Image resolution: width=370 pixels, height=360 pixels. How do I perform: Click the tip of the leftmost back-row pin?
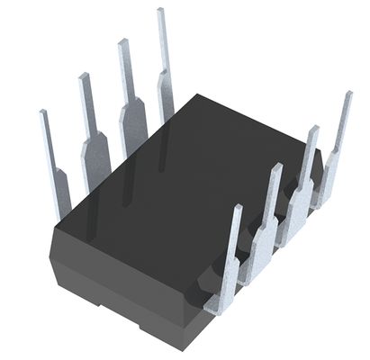pyautogui.click(x=42, y=113)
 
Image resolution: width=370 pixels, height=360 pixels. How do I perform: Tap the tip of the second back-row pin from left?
pyautogui.click(x=83, y=76)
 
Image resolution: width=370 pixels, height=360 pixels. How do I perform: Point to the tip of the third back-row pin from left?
pyautogui.click(x=122, y=41)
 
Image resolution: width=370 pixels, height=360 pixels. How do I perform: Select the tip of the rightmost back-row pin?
pyautogui.click(x=160, y=11)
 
